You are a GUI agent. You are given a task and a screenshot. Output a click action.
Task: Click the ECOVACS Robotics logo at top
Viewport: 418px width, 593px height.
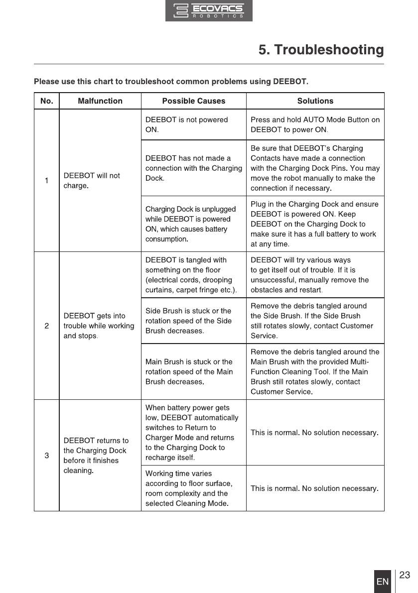209,10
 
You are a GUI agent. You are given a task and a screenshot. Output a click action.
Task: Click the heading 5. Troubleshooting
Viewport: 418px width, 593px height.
321,50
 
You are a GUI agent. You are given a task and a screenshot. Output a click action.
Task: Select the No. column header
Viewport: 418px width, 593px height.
47,101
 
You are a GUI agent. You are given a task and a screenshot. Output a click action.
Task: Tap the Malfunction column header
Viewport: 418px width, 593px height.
100,101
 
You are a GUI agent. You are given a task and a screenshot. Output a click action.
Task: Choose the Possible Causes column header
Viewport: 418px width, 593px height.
194,101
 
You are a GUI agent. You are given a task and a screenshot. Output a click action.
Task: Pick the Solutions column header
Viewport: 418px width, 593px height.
315,101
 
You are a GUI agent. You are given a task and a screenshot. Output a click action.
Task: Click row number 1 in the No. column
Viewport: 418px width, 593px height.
47,181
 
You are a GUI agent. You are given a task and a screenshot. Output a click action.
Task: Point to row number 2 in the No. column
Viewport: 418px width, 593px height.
47,326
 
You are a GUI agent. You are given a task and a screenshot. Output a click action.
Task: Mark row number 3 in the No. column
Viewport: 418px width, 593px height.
47,456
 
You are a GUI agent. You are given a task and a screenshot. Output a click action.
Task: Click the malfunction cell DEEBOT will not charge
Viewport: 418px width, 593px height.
92,181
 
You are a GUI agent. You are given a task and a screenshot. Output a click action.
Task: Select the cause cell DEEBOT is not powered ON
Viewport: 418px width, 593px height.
186,124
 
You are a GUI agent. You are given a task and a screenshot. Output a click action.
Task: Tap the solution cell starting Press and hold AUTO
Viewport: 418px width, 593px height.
315,124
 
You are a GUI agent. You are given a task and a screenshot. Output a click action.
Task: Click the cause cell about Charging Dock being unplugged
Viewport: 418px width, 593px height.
190,224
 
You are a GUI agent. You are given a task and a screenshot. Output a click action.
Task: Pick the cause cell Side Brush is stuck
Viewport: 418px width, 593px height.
188,321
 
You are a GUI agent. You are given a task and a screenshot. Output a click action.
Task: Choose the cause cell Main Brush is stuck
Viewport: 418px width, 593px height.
189,371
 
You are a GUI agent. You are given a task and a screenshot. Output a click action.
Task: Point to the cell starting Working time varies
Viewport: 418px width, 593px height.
189,488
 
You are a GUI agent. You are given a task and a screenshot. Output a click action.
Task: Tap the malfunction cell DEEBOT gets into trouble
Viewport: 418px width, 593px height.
99,326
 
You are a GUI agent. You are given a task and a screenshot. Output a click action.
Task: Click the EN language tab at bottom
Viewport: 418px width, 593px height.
383,582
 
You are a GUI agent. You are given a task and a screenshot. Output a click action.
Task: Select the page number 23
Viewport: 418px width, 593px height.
405,576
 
